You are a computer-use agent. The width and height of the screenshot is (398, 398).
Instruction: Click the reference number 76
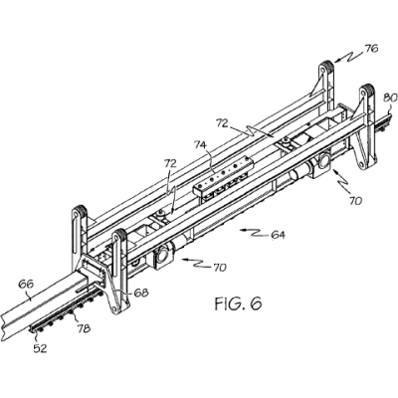click(371, 49)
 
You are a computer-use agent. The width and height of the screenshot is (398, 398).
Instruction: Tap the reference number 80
click(390, 99)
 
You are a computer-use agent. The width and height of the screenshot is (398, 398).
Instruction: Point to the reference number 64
click(278, 235)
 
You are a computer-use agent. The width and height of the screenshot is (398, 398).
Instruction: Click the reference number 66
click(26, 285)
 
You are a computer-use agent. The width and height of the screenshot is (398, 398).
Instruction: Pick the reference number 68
click(141, 293)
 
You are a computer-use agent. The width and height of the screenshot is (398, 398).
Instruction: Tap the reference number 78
click(84, 328)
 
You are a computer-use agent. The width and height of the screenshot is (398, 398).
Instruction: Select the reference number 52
click(40, 348)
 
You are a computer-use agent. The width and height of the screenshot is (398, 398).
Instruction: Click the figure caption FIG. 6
click(238, 303)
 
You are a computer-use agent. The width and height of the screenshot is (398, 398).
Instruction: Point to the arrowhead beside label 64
click(242, 230)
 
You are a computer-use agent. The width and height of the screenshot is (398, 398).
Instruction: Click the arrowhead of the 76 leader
click(336, 61)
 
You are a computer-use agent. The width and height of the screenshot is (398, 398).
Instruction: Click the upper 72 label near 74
click(223, 123)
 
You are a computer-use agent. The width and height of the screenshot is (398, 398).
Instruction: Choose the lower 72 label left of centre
click(171, 163)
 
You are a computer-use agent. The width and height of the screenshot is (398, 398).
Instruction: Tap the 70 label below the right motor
click(354, 201)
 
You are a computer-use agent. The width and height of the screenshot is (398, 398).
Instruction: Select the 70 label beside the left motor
click(219, 267)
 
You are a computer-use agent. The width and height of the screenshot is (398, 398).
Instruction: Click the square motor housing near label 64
click(162, 258)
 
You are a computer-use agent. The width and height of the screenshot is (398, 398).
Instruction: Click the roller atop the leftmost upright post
click(80, 211)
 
